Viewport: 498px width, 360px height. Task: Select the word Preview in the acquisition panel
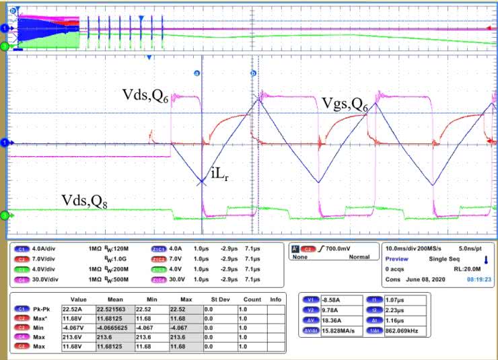[397, 258]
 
